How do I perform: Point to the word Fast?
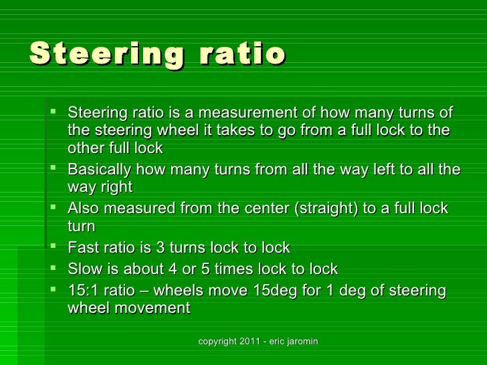82,248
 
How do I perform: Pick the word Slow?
84,269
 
